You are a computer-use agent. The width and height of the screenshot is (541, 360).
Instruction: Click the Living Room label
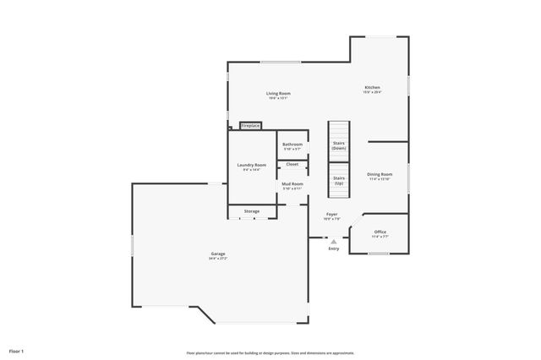point(278,93)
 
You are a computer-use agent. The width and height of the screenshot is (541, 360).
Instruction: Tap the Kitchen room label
point(372,87)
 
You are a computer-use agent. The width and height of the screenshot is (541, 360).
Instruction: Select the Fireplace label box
point(250,125)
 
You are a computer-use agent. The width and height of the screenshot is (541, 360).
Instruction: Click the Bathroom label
point(292,145)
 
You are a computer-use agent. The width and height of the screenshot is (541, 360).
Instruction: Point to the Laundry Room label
point(252,165)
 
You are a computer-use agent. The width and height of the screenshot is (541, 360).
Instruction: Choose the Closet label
point(292,164)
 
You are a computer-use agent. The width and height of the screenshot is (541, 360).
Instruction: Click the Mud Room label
point(292,183)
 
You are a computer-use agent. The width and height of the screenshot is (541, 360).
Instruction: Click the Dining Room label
point(380,174)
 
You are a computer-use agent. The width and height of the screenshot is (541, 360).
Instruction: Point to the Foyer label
point(332,214)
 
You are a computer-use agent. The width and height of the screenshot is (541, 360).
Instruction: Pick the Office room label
point(380,232)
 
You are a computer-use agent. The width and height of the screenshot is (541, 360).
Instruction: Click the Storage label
point(252,210)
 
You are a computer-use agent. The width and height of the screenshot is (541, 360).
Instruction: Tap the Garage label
point(218,254)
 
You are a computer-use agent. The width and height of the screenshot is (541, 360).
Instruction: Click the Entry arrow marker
point(333,241)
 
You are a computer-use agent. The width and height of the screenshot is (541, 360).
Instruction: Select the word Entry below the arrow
point(333,248)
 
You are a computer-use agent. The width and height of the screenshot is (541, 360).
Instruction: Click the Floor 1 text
point(17,350)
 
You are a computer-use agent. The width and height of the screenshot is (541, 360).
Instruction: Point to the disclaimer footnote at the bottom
point(270,352)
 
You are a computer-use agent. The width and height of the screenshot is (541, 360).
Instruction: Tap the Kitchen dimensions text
point(372,92)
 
